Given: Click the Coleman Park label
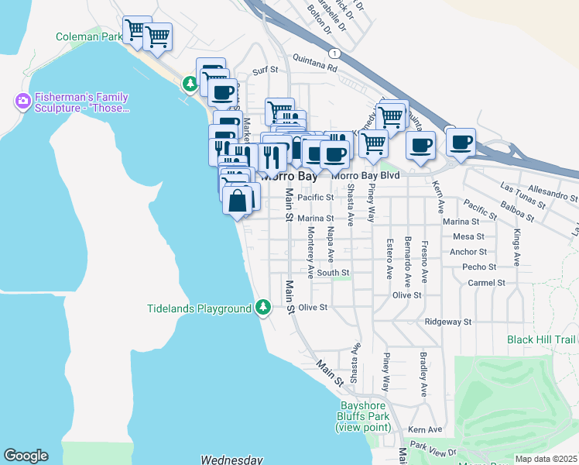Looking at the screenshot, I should (x=89, y=36).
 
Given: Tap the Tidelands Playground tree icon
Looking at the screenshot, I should (x=263, y=308).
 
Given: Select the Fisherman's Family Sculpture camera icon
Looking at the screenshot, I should (x=22, y=101).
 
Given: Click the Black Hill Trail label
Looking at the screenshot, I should (x=543, y=339).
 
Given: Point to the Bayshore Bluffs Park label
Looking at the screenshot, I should (x=362, y=417).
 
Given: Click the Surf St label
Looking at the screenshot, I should (x=265, y=71).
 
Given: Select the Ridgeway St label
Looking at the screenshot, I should (x=448, y=321).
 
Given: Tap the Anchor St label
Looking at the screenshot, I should (x=468, y=252).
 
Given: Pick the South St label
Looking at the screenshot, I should (x=333, y=272).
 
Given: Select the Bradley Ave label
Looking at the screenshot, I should (x=423, y=375).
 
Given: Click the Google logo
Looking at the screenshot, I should (x=26, y=456).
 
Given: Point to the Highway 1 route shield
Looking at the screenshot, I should (x=334, y=53).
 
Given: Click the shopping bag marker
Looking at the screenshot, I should (x=237, y=201).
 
